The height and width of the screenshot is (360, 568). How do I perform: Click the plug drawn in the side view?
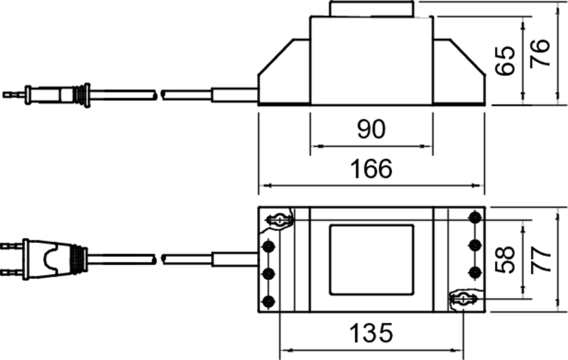(x=57, y=94)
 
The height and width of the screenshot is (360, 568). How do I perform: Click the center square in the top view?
(x=371, y=259)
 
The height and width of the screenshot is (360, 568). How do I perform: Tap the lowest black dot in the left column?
(x=268, y=300)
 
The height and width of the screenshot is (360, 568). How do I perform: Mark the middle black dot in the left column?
(x=268, y=273)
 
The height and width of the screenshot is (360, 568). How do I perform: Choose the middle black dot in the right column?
(x=475, y=244)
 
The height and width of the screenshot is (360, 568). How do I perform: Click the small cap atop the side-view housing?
(x=371, y=9)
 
